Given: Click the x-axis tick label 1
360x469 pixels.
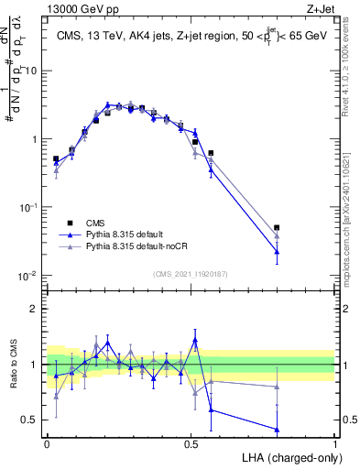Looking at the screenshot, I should click(335, 442).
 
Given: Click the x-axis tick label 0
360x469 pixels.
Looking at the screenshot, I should click(47, 442).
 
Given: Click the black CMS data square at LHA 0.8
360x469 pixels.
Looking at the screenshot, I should click(277, 228).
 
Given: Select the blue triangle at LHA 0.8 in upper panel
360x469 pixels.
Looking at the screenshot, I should click(277, 251).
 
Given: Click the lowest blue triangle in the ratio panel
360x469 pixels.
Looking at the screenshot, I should click(277, 429).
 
